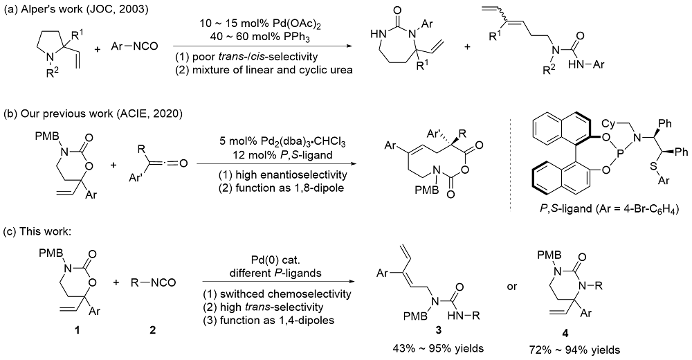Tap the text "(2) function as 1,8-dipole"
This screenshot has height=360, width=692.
pos(262,186)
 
